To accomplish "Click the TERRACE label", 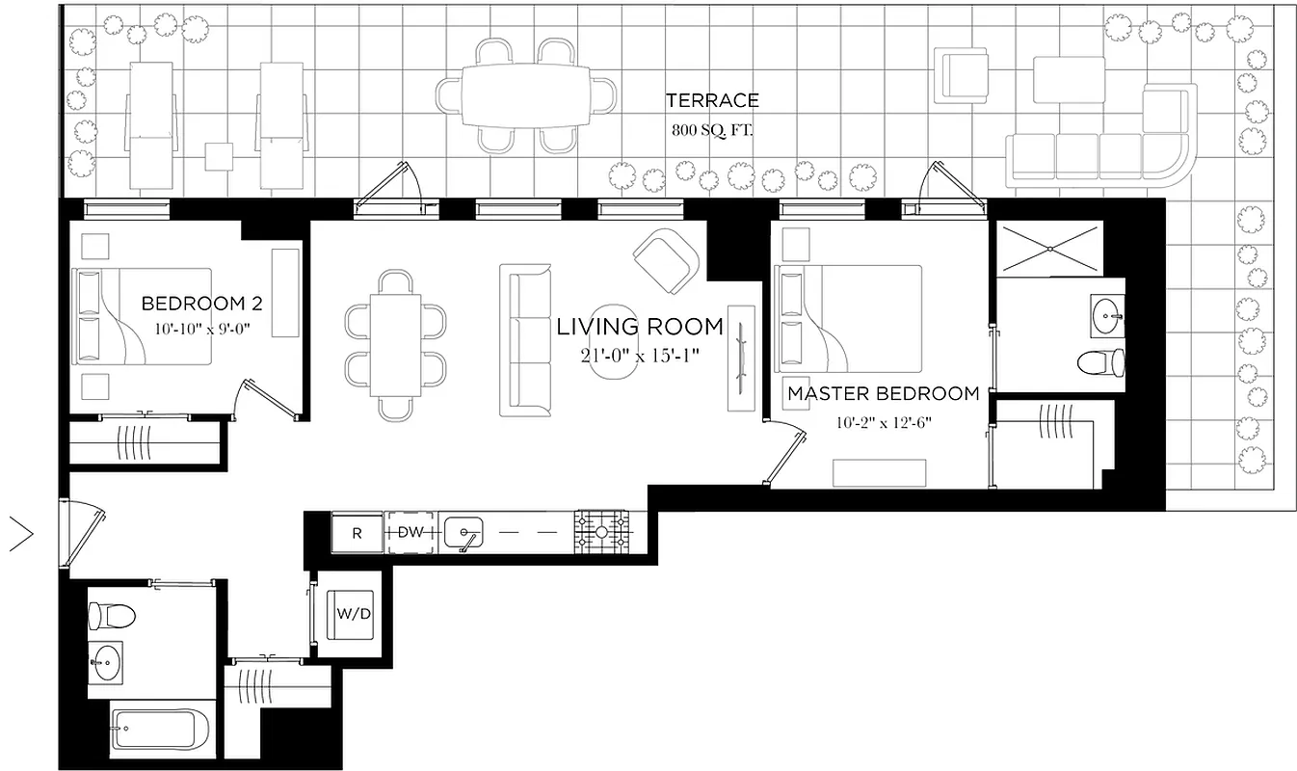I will (712, 100).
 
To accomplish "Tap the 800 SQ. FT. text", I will (712, 129).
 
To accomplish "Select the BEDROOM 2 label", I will (202, 305).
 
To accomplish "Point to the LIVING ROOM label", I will (640, 328).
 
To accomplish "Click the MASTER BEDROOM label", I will (883, 393).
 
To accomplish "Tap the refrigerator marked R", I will (357, 533).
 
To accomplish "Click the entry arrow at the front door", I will (21, 533).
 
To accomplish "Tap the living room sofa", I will (525, 339).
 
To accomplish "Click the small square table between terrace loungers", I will (220, 156).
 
